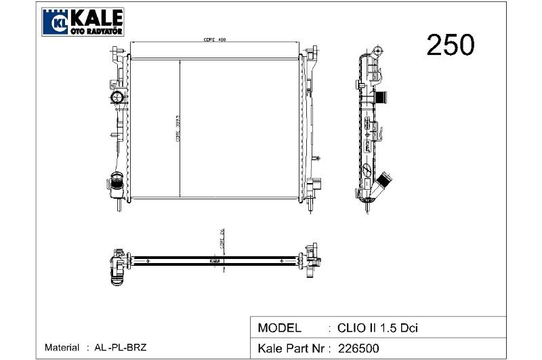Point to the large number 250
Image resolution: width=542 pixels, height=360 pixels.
(450, 45)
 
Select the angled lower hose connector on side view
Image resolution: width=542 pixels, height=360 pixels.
(386, 181)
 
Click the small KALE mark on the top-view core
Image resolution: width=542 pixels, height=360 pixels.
(214, 260)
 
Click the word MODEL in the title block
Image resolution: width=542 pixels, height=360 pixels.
(280, 328)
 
